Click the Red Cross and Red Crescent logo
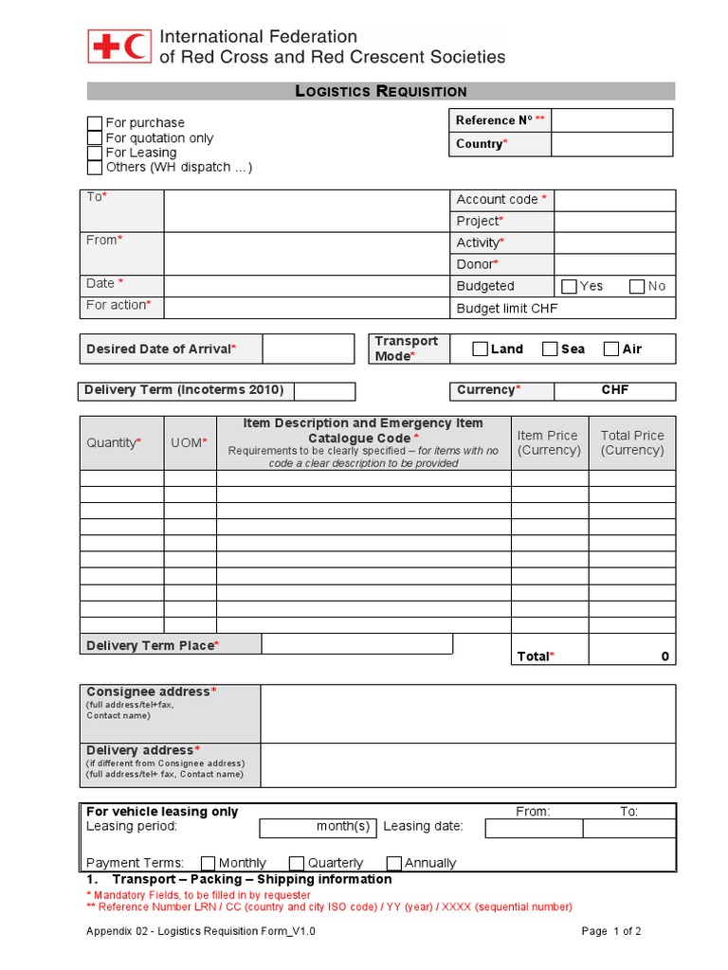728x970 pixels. coord(119,46)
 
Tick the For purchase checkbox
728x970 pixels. coord(95,123)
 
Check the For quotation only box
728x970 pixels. coord(95,138)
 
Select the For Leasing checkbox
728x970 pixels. coord(95,153)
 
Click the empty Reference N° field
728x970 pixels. coord(611,120)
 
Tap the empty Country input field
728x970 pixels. coord(611,144)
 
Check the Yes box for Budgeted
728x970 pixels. coord(569,286)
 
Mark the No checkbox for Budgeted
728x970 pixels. coord(637,286)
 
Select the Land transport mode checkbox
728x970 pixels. coord(480,350)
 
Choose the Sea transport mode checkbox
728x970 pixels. coord(550,350)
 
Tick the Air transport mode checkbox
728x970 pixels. coord(611,350)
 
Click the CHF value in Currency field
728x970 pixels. coord(614,390)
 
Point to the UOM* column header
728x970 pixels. coord(190,442)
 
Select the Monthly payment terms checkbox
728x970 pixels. coord(208,863)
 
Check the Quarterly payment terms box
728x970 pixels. coord(296,863)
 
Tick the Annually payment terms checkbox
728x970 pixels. coord(394,863)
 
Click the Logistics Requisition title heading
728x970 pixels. coord(381,91)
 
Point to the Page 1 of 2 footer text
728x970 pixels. coord(611,931)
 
